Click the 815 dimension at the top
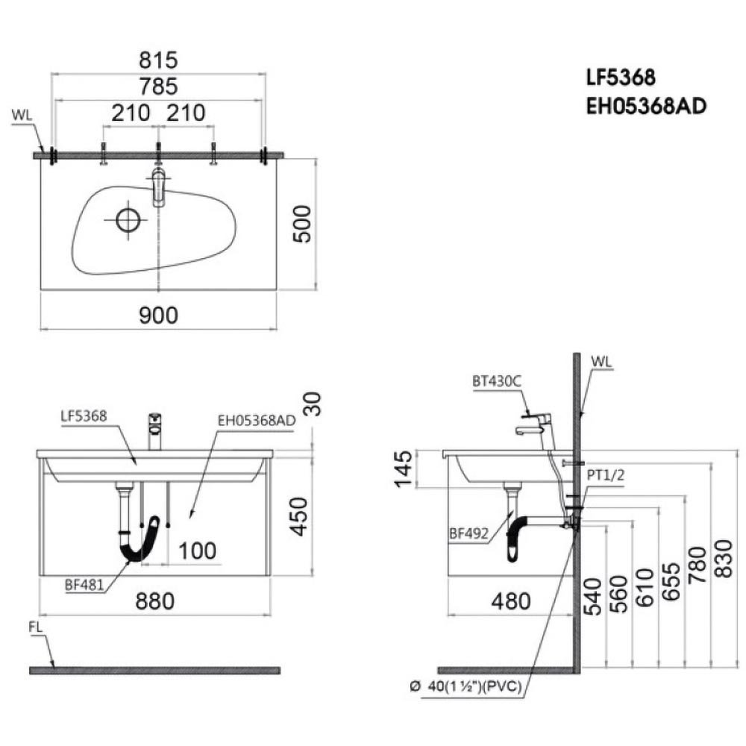[x=158, y=60]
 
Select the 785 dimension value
[x=158, y=87]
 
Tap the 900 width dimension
[x=158, y=316]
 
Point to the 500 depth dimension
[x=302, y=224]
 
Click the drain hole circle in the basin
[x=128, y=220]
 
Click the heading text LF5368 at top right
[x=621, y=77]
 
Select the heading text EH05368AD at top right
[x=646, y=106]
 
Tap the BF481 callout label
[x=84, y=585]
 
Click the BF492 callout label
[x=469, y=533]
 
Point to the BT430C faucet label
[x=497, y=381]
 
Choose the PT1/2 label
[x=605, y=474]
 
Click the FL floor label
[x=36, y=627]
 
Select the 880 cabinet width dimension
[x=155, y=601]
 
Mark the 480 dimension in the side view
[x=511, y=601]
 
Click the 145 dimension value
[x=403, y=468]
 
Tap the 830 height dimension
[x=724, y=559]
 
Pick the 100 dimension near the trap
[x=197, y=551]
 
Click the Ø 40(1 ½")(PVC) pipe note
[x=466, y=686]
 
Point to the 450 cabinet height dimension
[x=300, y=516]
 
